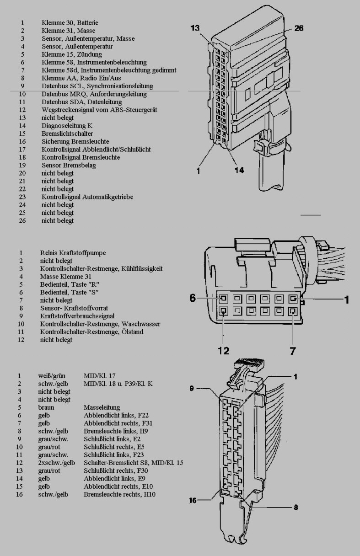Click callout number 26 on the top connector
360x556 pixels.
299,28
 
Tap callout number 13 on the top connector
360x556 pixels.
195,28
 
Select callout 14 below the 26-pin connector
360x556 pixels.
239,171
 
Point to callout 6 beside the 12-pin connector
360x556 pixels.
193,299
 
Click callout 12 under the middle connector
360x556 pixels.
223,351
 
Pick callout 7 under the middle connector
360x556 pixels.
292,351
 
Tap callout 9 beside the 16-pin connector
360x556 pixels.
193,389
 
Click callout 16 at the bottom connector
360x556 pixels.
193,501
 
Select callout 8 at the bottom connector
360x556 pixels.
296,507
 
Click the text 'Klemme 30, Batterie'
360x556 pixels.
70,23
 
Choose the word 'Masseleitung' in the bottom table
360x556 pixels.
102,407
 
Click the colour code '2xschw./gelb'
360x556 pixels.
57,463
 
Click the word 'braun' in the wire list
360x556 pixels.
46,407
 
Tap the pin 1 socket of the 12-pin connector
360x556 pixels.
292,299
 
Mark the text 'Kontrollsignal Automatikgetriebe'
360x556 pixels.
87,197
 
